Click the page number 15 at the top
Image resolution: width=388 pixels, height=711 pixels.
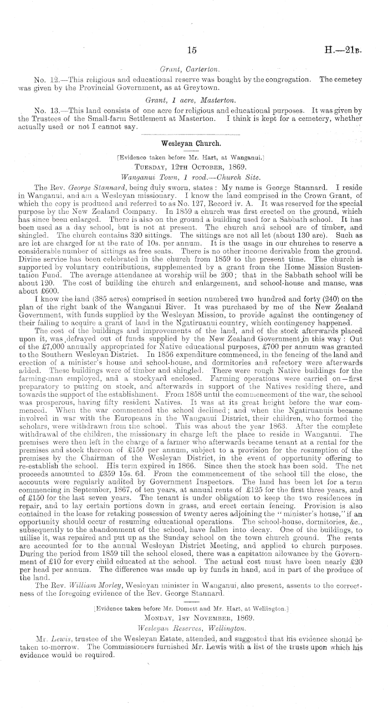pos(193,50)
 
